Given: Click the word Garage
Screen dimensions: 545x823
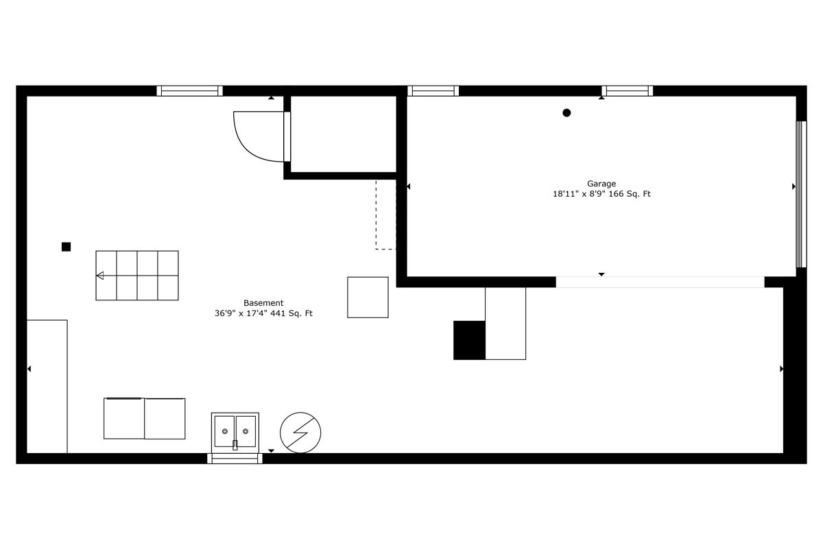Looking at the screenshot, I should (x=601, y=184).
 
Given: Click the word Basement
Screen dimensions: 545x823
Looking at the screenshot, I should (x=263, y=303).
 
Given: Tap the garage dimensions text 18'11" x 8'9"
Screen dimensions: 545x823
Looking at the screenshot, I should (x=580, y=194).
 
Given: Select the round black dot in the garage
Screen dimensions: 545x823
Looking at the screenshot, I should (x=566, y=113).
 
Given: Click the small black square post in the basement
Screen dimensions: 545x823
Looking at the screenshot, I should (x=66, y=247).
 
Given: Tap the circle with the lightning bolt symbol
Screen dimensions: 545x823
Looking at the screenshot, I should (x=300, y=433).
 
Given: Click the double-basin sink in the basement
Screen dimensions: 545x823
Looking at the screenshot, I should (x=235, y=432).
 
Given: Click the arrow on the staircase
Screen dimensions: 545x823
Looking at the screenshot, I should (x=100, y=276).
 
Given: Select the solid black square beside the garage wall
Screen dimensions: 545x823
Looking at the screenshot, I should (x=469, y=340).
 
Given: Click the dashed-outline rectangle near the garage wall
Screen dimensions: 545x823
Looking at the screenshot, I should (x=385, y=215).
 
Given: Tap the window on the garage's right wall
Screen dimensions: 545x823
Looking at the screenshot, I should (x=801, y=194).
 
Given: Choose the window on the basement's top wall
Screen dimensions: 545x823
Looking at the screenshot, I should (x=190, y=90).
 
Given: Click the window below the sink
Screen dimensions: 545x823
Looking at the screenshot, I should (x=235, y=458).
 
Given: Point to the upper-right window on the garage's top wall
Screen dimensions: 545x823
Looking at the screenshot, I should (x=627, y=90).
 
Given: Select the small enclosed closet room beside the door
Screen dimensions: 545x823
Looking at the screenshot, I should (x=344, y=134).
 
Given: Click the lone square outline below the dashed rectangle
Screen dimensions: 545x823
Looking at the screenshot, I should (x=368, y=298).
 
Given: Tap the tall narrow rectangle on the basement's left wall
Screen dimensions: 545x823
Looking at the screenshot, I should (x=47, y=386).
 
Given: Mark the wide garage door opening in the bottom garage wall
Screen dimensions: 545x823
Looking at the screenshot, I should (x=660, y=282).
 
